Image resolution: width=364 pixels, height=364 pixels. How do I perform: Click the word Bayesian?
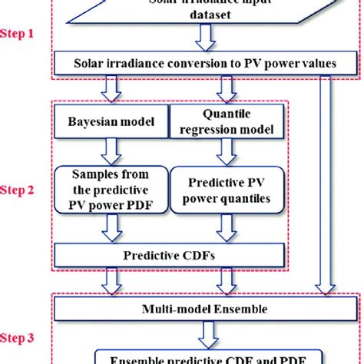(87, 121)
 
